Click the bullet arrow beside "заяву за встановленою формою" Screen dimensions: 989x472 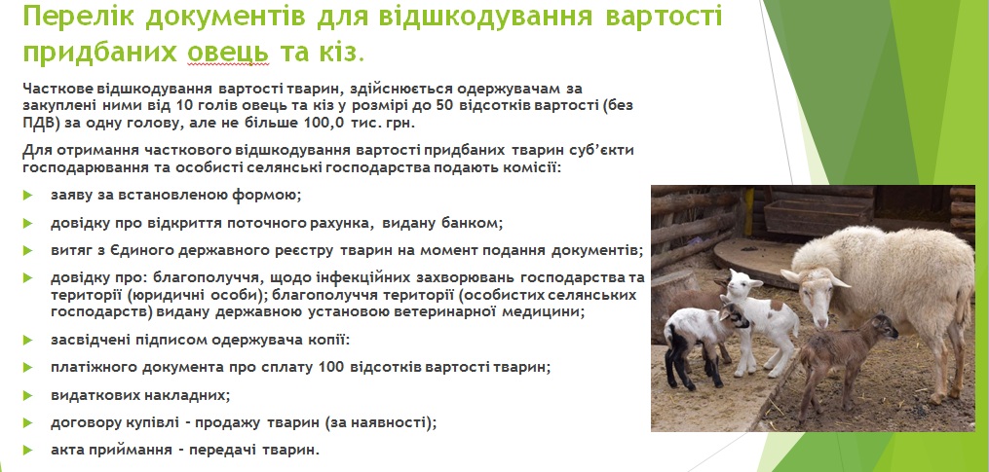(27, 195)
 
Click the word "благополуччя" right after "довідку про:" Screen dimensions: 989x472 (211, 278)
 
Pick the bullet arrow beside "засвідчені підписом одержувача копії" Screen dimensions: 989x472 (27, 340)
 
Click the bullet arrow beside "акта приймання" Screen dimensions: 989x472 (27, 450)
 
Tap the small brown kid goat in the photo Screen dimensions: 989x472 (845, 360)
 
